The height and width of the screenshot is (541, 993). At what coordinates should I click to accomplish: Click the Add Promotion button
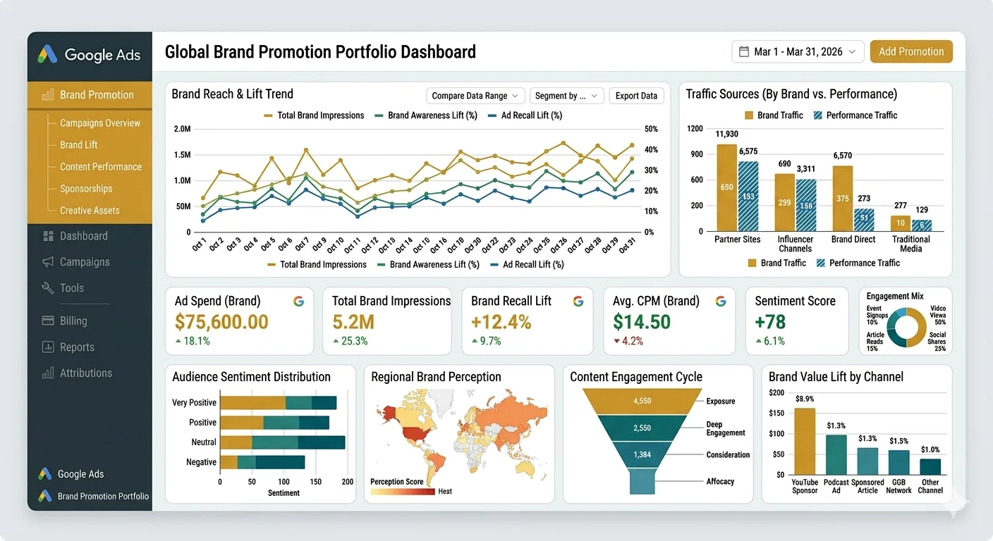coord(911,51)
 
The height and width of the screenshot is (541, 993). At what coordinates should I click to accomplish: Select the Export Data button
coord(636,96)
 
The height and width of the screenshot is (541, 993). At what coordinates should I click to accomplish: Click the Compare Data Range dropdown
coord(475,96)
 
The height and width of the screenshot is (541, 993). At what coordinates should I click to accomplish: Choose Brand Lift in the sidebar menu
coord(79,144)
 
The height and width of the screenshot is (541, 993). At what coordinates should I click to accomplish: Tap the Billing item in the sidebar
coord(73,321)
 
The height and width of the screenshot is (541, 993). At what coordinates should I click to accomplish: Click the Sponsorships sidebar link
coord(86,188)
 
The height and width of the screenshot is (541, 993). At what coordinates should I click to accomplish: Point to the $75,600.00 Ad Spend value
coord(221,322)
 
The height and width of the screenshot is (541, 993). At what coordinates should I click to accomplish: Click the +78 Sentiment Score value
coord(770,322)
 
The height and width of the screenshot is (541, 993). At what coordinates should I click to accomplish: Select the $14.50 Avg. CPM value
coord(641,322)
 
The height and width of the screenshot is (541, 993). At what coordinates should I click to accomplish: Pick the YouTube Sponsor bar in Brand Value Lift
coord(805,441)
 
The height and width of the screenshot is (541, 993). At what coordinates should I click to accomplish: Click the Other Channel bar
coord(930,466)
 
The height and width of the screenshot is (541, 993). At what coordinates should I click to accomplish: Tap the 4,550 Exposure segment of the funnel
coord(642,401)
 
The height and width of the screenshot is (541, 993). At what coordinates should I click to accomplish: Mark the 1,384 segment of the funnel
coord(642,454)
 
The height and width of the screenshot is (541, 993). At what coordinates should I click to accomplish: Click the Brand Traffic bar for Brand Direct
coord(842,199)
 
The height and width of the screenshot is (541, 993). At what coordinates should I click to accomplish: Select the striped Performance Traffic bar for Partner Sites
coord(748,197)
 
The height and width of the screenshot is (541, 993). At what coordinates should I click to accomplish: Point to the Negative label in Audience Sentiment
coord(201,462)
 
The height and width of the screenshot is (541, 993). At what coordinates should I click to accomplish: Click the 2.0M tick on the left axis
coord(182,129)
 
